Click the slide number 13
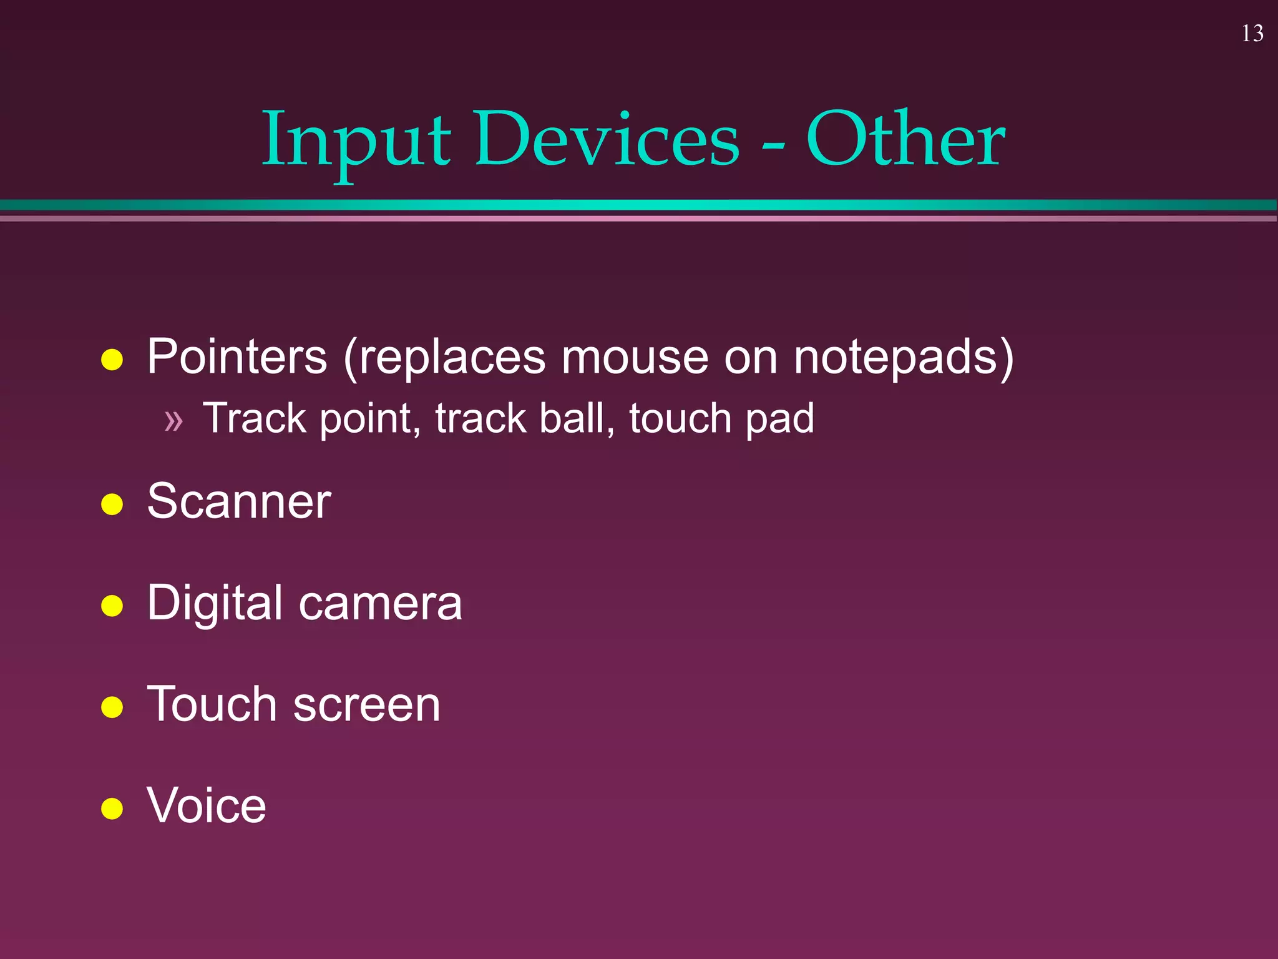1252,34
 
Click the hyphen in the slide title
773,147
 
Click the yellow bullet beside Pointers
112,360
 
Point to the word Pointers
237,357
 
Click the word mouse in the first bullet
635,357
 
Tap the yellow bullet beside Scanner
112,504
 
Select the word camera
380,603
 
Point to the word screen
366,704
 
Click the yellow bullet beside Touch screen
112,707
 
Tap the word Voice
207,805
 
